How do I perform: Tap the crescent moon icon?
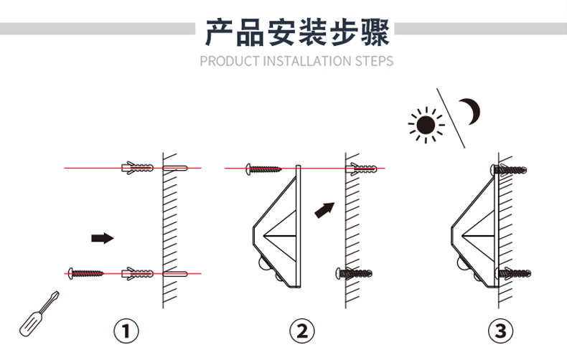point(471,111)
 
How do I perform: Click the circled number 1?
point(127,331)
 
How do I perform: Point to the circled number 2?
point(302,331)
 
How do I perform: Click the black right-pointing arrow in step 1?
point(102,237)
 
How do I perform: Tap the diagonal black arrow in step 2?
point(325,209)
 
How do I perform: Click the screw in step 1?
point(85,273)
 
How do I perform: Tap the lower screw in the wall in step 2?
point(354,273)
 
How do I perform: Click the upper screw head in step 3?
point(497,169)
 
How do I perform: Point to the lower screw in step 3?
point(512,273)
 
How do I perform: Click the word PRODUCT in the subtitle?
point(228,61)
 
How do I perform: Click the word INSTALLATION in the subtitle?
point(306,61)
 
